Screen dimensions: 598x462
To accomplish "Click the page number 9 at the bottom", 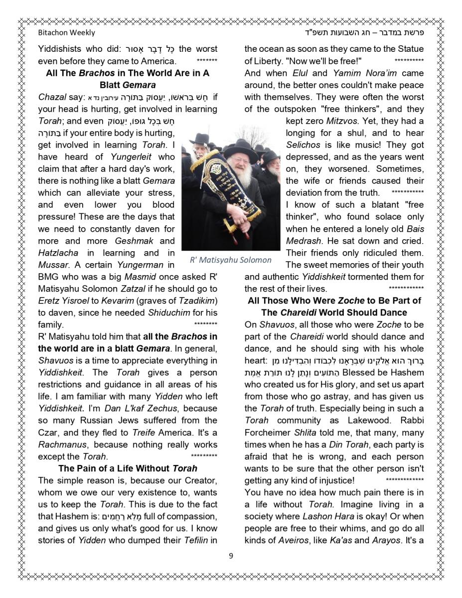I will tap(231, 556).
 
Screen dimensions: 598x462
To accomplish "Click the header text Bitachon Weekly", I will tap(66, 33).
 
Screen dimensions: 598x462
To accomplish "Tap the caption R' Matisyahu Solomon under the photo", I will tap(231, 260).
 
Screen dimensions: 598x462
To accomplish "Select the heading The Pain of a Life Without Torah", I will tap(128, 468).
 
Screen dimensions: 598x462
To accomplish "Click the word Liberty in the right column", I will tap(267, 61).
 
